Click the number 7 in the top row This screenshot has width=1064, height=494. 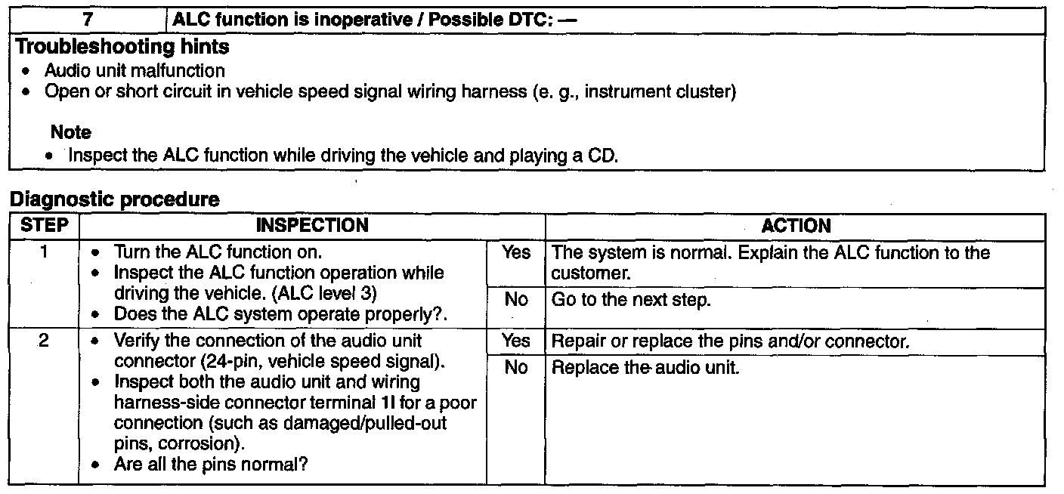point(88,20)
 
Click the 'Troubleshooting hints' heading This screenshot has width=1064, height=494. point(123,47)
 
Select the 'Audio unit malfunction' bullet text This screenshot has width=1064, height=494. point(135,71)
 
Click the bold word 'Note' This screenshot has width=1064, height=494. point(71,132)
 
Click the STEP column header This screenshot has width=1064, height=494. point(44,225)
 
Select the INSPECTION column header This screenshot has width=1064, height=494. point(312,225)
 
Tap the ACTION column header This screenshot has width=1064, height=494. point(796,225)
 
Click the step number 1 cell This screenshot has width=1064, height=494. point(44,252)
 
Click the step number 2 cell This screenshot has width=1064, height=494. point(44,341)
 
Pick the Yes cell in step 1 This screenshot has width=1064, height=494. point(516,253)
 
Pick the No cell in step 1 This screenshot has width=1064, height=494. point(516,300)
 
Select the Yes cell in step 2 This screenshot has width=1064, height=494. point(516,341)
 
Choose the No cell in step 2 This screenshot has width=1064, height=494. point(516,369)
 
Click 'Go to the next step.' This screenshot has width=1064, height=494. point(631,300)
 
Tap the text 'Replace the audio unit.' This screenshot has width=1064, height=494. point(645,369)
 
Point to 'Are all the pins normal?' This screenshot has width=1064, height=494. point(211,465)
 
